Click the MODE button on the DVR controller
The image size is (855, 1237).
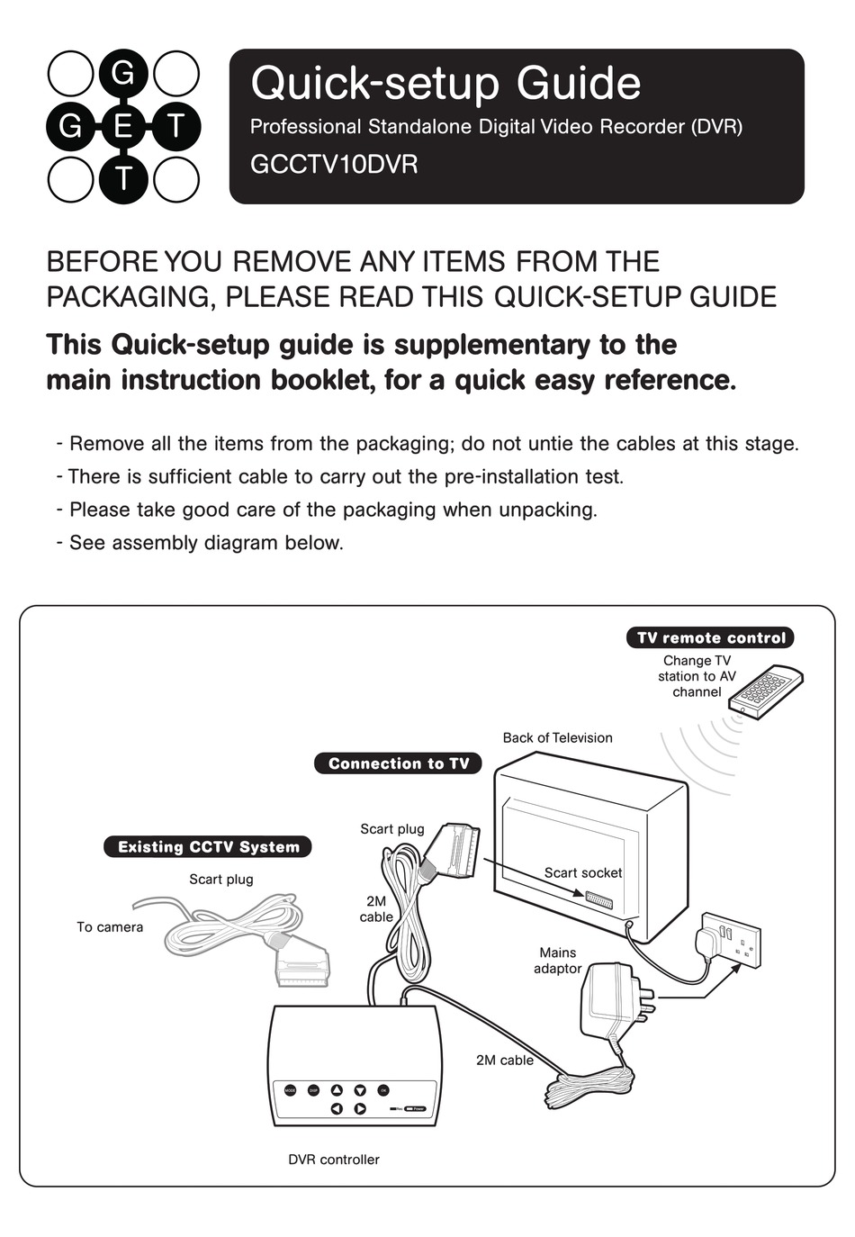click(x=291, y=1090)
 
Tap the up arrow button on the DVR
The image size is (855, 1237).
click(x=337, y=1090)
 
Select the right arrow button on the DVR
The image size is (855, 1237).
click(x=360, y=1109)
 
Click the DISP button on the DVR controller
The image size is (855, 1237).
click(x=314, y=1090)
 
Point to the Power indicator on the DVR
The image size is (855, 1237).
click(x=416, y=1109)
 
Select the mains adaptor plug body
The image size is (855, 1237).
click(x=607, y=1000)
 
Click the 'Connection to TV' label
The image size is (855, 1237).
click(x=398, y=763)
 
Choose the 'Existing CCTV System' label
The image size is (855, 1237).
click(x=208, y=846)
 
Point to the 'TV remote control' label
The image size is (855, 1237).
click(x=710, y=637)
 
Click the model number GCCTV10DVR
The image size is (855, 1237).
click(x=333, y=166)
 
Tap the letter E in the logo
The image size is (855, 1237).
click(x=123, y=126)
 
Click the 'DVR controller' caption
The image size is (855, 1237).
click(x=333, y=1160)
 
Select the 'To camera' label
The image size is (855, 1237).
click(x=109, y=926)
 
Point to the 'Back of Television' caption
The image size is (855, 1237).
click(x=557, y=737)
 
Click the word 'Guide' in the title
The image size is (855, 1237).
click(x=578, y=84)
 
